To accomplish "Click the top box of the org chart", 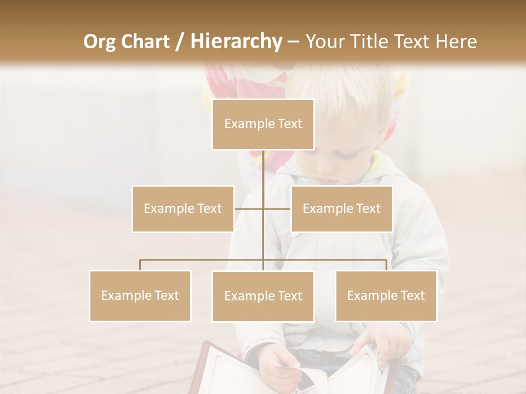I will pos(263,124).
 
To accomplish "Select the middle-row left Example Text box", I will pos(182,208).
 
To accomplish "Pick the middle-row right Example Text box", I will pos(341,208).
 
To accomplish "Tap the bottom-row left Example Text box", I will pos(140,296).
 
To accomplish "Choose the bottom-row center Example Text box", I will pos(263,296).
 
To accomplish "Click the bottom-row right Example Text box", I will pos(386,296).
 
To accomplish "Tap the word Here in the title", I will pos(456,41).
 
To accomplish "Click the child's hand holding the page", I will pos(279,364).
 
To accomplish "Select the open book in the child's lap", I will pos(296,372).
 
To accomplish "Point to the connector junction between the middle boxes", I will pos(263,208).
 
